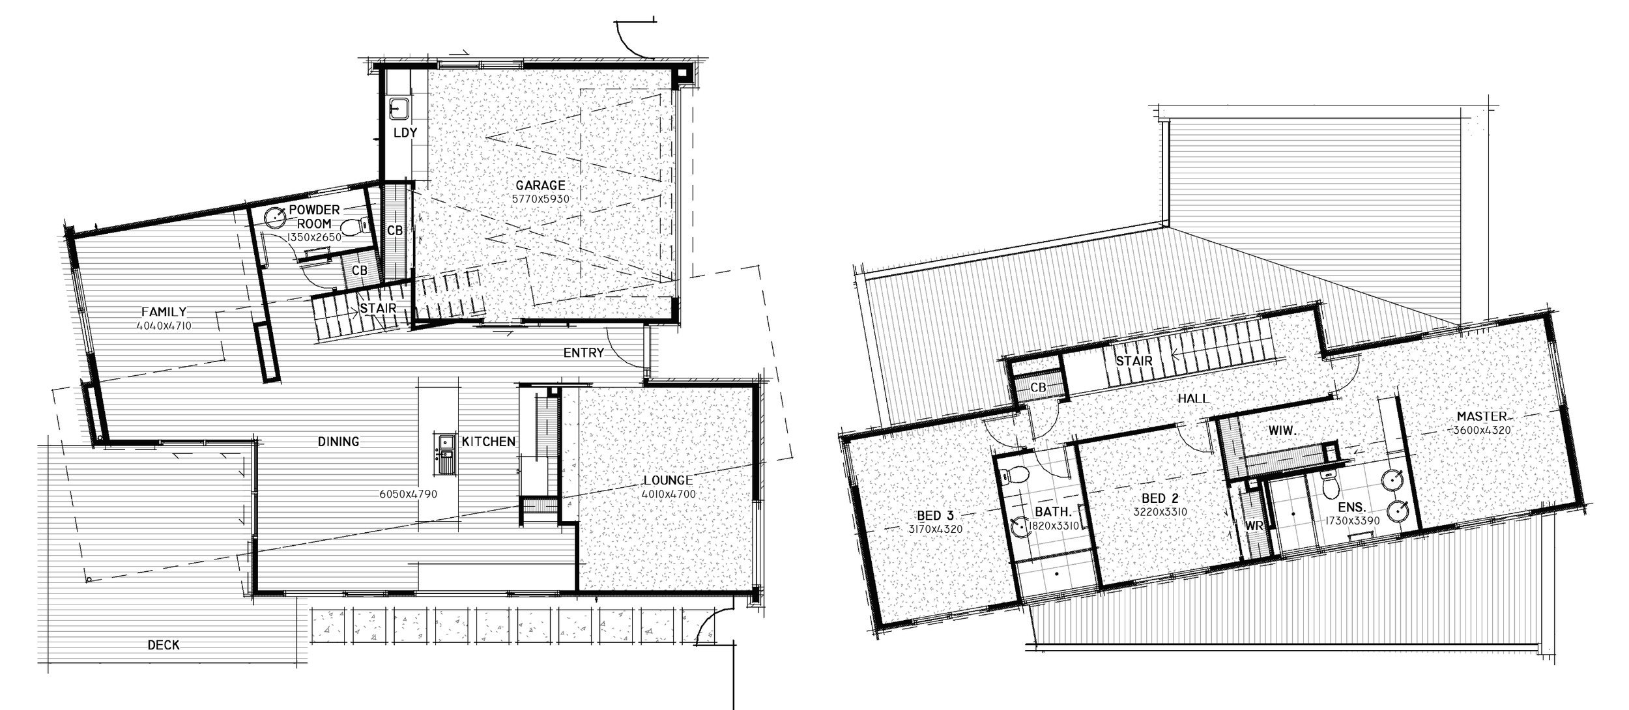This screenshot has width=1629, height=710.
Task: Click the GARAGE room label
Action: click(540, 186)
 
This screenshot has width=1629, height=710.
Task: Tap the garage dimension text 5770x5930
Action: click(540, 199)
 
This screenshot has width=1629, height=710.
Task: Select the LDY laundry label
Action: click(405, 133)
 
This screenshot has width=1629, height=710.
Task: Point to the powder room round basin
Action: click(275, 216)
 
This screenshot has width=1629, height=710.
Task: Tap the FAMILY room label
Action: click(164, 312)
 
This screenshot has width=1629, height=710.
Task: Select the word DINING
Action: click(338, 442)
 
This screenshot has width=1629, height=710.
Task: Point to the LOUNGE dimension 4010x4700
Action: click(668, 494)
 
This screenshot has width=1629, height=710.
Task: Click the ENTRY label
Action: click(583, 352)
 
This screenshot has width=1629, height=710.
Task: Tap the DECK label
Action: click(164, 645)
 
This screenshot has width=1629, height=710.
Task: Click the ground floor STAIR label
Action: click(378, 308)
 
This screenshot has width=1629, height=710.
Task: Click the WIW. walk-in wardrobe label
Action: click(1283, 431)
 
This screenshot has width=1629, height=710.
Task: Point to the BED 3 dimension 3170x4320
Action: click(935, 529)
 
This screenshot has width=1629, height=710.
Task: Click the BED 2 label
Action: click(1160, 500)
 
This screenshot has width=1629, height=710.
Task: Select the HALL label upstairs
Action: click(1193, 399)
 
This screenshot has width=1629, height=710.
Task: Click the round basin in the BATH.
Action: click(1019, 526)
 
